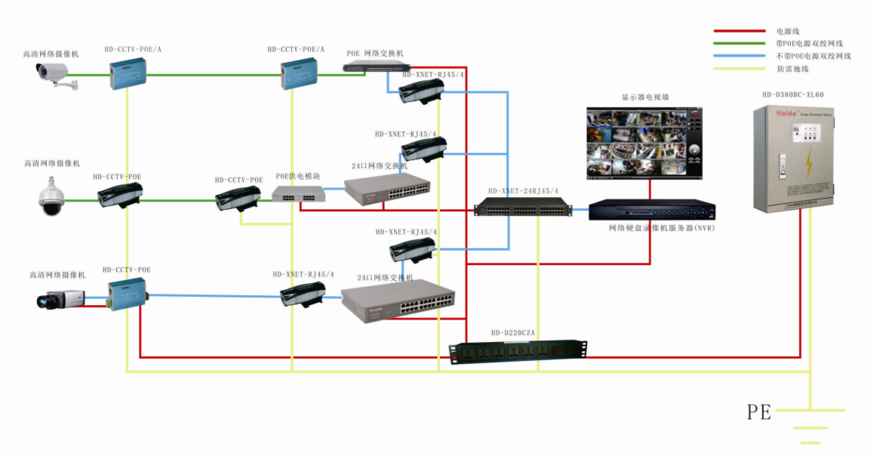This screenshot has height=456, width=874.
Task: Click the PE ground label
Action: [x=759, y=411]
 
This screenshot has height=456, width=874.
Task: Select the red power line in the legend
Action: [x=739, y=32]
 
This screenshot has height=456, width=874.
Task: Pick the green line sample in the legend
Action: [x=739, y=44]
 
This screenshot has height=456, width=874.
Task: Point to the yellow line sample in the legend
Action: [x=739, y=69]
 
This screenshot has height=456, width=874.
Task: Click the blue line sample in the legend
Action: [x=739, y=56]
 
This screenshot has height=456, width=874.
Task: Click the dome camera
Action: [x=52, y=197]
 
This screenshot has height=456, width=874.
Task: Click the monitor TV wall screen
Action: [x=644, y=141]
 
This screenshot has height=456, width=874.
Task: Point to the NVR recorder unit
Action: [x=651, y=209]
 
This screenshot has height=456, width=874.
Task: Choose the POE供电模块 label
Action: [x=297, y=176]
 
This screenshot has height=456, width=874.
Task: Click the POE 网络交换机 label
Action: [x=375, y=54]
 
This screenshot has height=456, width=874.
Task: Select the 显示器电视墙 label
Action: [x=645, y=97]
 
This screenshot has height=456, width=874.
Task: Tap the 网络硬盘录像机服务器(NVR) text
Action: [x=661, y=227]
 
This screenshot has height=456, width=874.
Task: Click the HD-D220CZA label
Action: [x=512, y=332]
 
